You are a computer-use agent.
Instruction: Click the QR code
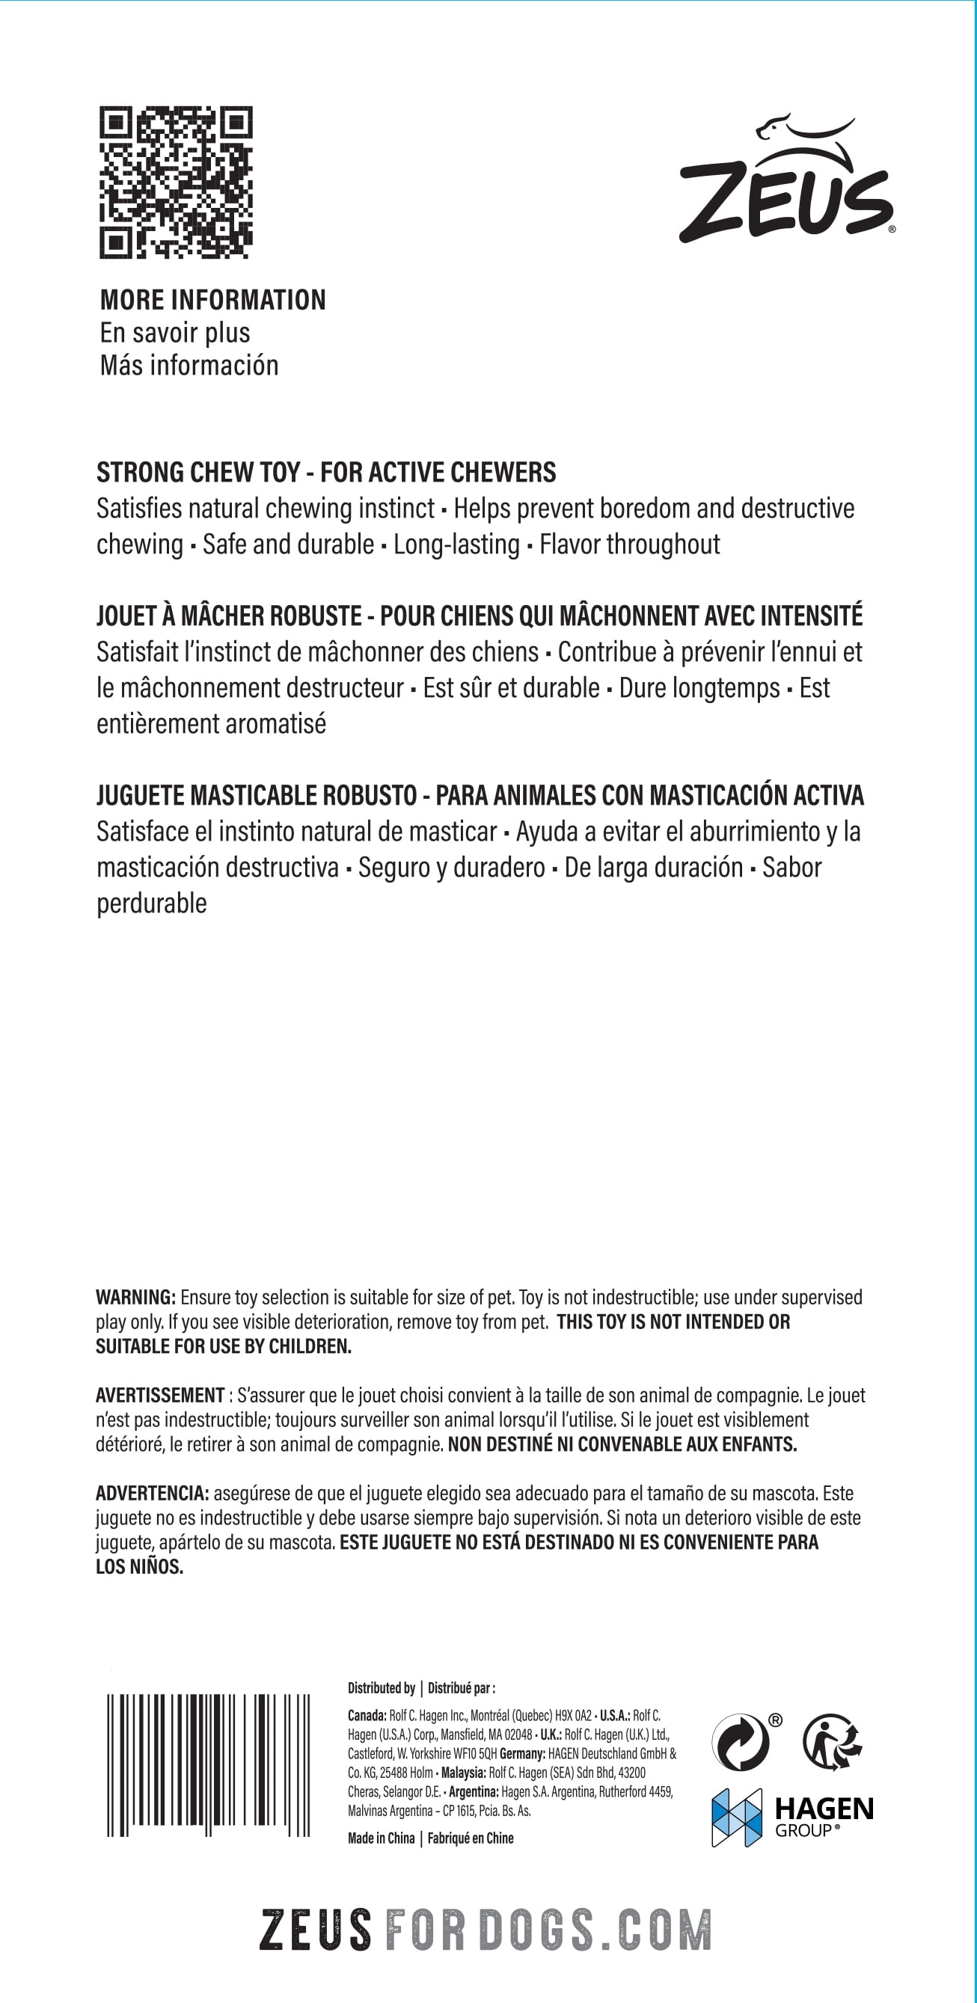tap(176, 182)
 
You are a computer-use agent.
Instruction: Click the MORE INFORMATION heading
tap(213, 300)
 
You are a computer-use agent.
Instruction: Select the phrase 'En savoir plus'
tap(175, 333)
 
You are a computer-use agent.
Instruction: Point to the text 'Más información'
tap(189, 366)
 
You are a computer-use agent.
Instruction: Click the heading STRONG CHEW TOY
tap(198, 473)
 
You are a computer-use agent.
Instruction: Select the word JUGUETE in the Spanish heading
tap(140, 797)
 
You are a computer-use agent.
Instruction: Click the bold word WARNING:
tap(136, 1298)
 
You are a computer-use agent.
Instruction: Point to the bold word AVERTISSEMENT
tap(160, 1396)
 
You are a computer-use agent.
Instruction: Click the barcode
tap(209, 1764)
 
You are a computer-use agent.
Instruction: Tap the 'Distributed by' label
tap(382, 1688)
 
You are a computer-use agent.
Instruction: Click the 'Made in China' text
tap(382, 1838)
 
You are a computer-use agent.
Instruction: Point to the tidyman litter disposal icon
tap(833, 1743)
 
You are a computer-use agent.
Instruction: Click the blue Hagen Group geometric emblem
tap(737, 1818)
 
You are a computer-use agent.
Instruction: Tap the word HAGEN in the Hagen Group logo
tap(824, 1809)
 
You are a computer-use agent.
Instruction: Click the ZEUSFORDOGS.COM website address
tap(486, 1929)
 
